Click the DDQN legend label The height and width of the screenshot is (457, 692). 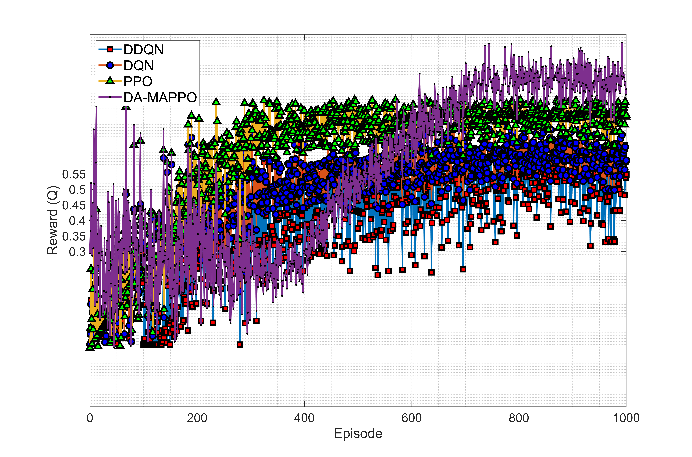[x=143, y=50]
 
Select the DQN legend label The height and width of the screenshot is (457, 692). [x=138, y=66]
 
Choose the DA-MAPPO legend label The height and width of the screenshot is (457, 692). [x=160, y=97]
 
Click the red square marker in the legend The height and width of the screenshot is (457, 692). [x=110, y=50]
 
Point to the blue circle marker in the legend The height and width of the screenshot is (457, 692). [x=110, y=65]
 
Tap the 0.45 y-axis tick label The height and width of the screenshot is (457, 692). [x=74, y=205]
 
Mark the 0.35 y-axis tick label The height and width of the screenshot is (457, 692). [x=74, y=236]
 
